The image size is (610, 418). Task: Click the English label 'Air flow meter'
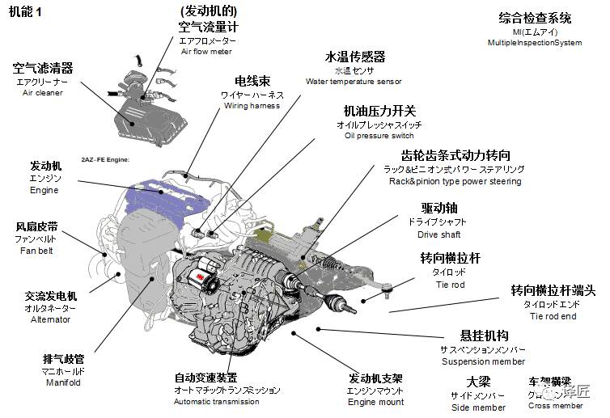coord(206,52)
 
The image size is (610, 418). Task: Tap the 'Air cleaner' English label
coord(43,93)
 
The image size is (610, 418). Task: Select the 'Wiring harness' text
coord(252,106)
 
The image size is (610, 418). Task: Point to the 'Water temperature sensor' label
coord(354,82)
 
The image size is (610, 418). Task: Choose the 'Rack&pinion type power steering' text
coord(455,182)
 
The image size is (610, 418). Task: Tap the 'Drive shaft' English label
coord(439,235)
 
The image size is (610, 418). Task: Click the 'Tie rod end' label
coord(553,316)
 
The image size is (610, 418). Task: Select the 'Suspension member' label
coord(483,361)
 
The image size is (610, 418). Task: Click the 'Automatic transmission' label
coord(217,402)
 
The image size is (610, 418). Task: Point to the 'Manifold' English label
coord(62,382)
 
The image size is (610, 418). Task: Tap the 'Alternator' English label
coord(51,319)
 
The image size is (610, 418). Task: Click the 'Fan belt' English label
coord(36,251)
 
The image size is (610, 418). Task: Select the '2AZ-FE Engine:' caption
coord(105,160)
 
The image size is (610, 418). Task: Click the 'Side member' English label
coord(477,407)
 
